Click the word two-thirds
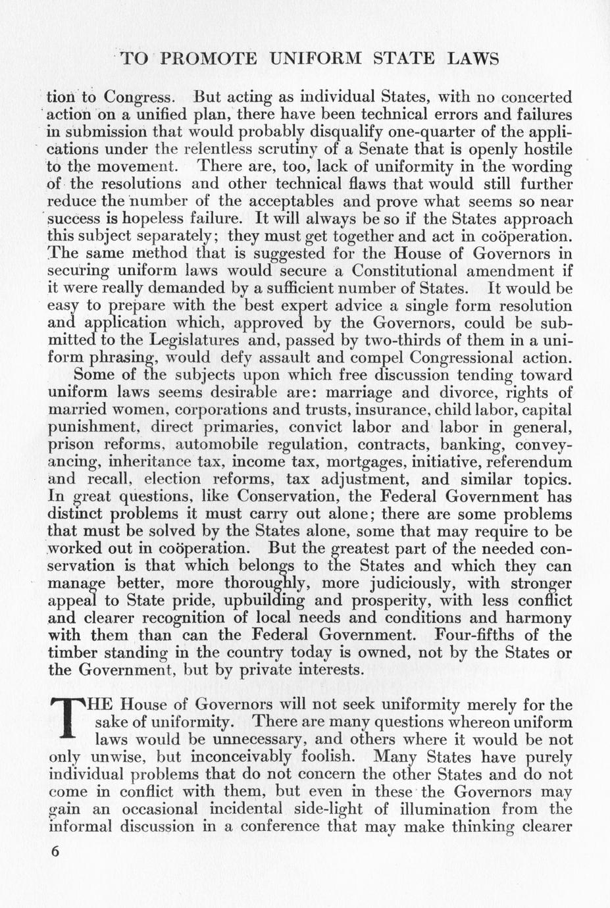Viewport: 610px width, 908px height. tap(404, 341)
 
